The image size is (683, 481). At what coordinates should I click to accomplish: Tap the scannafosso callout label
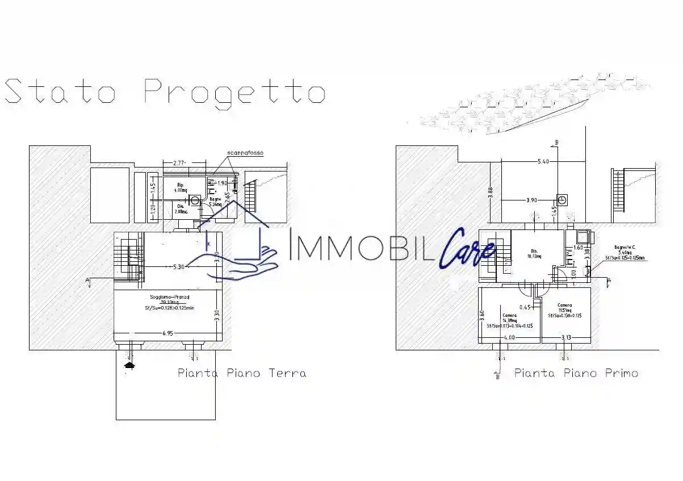245,153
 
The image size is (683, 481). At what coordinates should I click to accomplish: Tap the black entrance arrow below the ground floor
130,366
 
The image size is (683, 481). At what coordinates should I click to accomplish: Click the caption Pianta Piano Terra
242,373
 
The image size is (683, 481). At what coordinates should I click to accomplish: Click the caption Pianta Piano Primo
576,373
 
